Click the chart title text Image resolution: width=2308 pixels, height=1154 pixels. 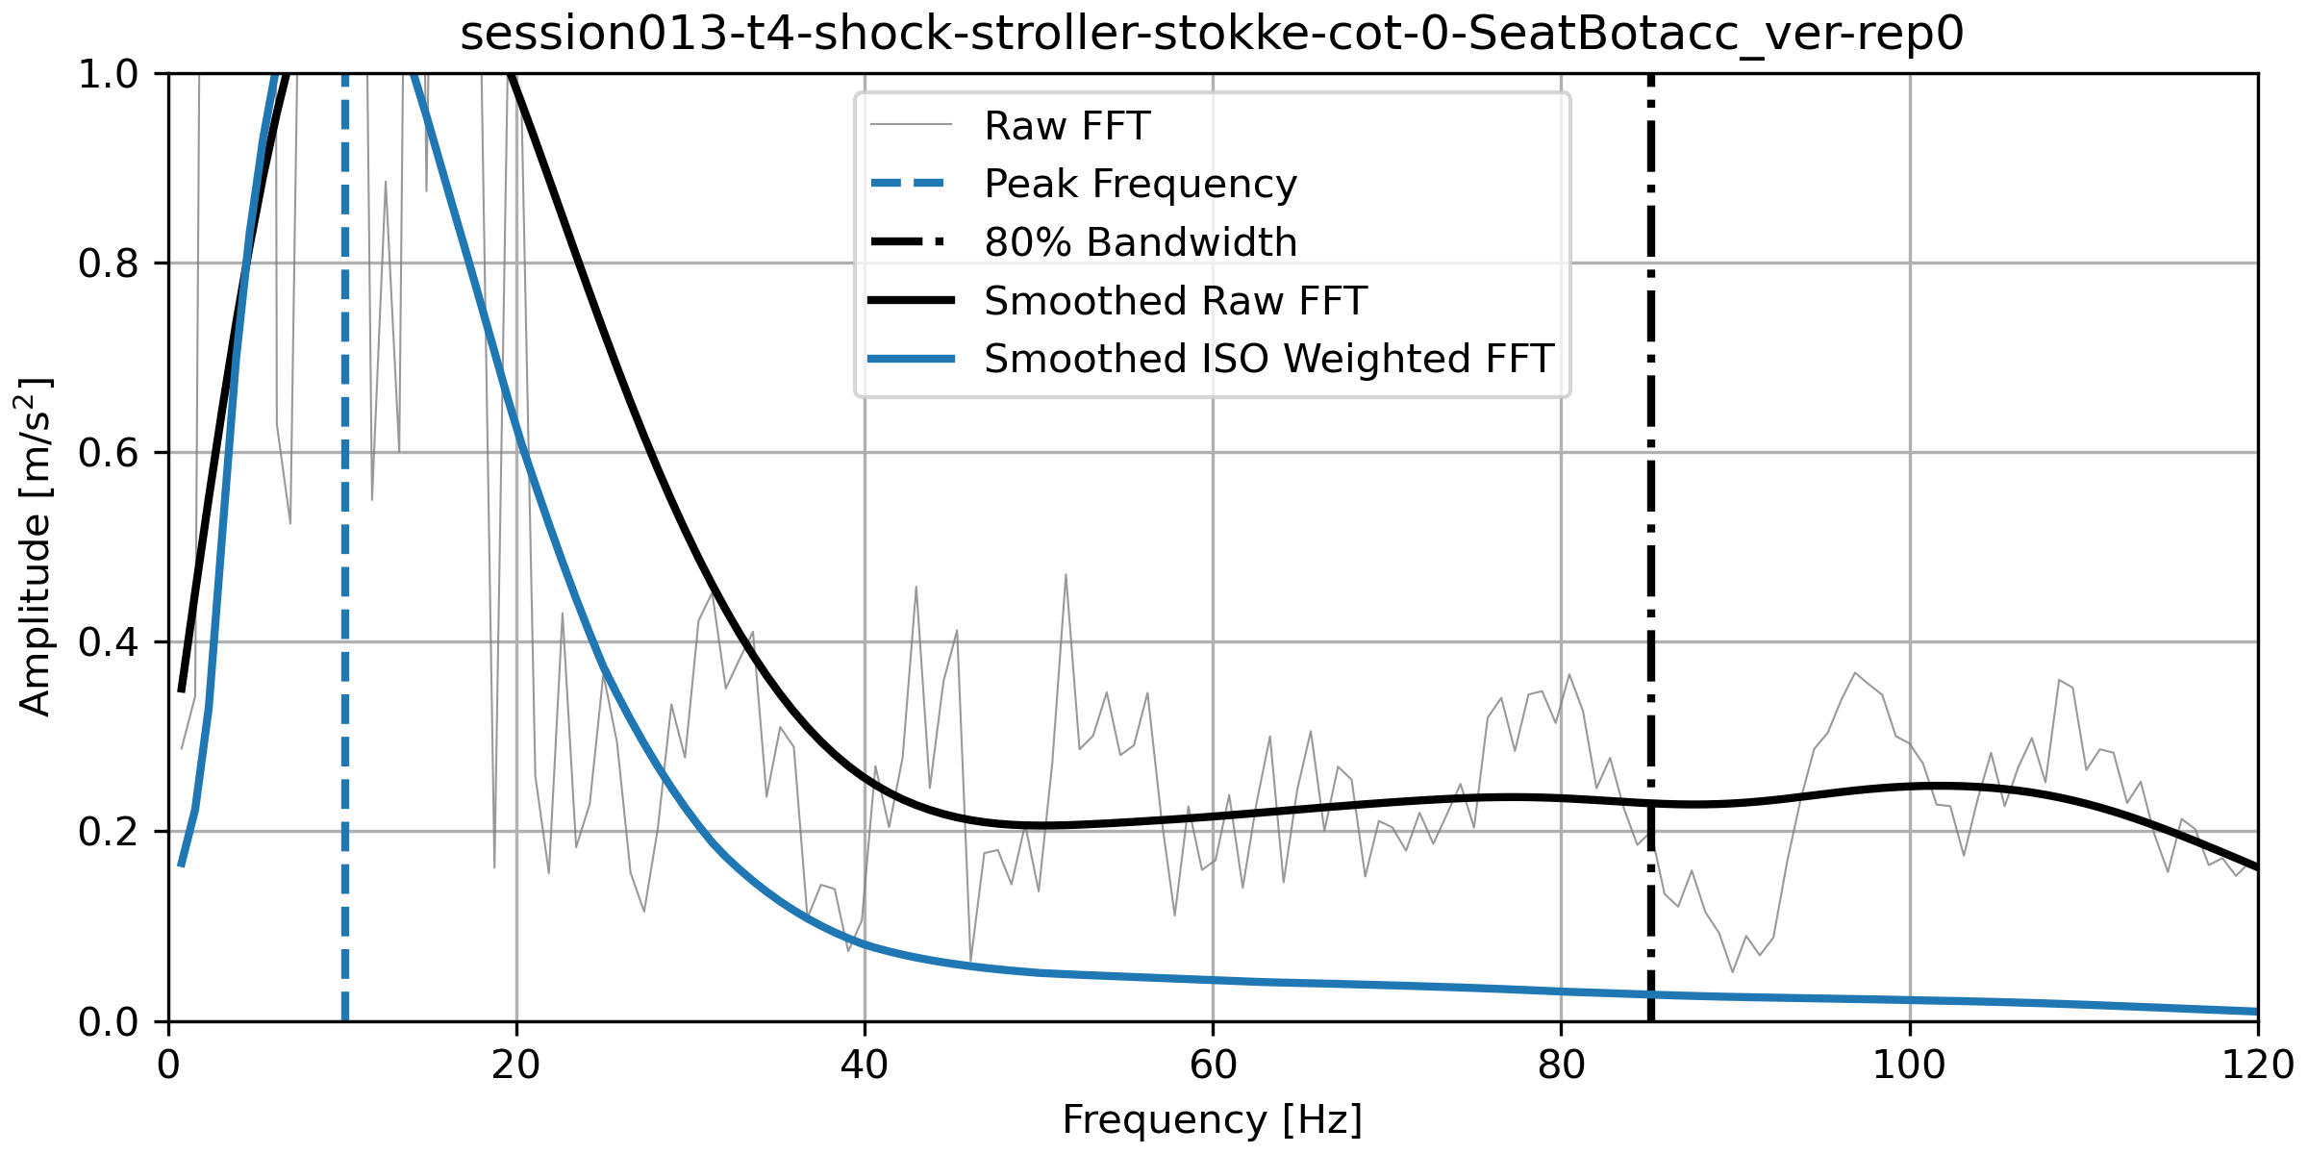click(x=1212, y=35)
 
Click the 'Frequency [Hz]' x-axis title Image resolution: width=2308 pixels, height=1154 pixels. click(x=1212, y=1120)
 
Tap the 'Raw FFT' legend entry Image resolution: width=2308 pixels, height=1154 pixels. click(x=1066, y=126)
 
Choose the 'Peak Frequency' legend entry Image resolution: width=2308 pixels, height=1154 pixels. click(x=1140, y=184)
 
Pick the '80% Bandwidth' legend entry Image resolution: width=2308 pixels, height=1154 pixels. click(x=1140, y=242)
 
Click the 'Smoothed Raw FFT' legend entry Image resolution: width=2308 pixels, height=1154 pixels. click(x=1174, y=301)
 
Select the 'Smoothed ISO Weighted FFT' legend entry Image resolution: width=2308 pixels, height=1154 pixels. click(x=1268, y=359)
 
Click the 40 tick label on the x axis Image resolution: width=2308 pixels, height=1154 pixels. click(x=865, y=1065)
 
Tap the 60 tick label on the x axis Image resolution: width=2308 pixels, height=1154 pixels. click(x=1213, y=1065)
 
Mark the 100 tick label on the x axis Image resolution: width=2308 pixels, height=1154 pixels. click(x=1909, y=1065)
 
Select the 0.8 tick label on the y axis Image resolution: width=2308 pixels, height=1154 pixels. click(x=107, y=263)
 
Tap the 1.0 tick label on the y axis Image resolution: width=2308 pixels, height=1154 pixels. click(x=107, y=74)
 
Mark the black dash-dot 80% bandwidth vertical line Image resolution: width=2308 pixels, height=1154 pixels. click(x=1650, y=481)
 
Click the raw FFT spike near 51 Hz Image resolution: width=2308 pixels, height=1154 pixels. click(x=1066, y=575)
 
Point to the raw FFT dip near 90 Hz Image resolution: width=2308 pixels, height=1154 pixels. click(x=1733, y=971)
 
